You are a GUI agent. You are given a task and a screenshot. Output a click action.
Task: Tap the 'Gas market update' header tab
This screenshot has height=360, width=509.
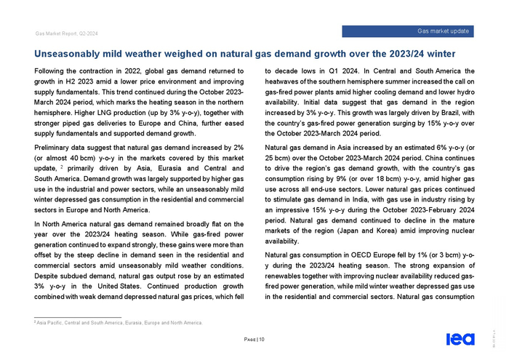444,31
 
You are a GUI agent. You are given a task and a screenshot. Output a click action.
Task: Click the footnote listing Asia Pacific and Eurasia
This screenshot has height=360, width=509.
121,322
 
